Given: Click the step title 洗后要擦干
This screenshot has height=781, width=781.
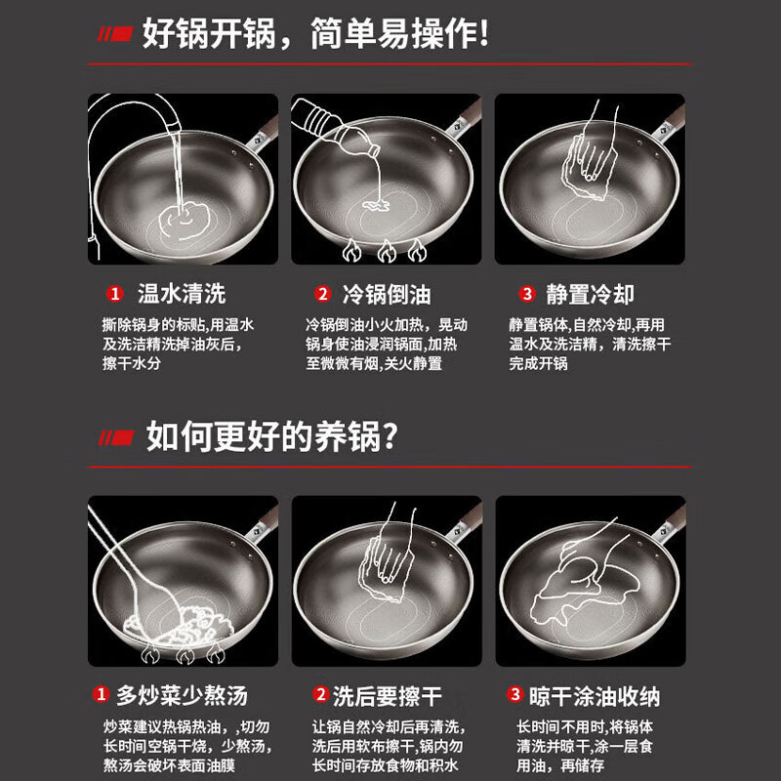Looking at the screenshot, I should tap(387, 696).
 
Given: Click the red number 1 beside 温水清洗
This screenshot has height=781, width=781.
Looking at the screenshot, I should tap(115, 295).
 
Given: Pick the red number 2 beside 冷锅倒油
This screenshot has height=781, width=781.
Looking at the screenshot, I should tap(322, 295).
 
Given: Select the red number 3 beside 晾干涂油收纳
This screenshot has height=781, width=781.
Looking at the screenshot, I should tap(514, 696).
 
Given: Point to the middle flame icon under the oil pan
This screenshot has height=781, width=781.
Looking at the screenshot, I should tap(387, 253).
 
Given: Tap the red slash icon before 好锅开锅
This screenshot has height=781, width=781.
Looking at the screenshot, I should tap(113, 36).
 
